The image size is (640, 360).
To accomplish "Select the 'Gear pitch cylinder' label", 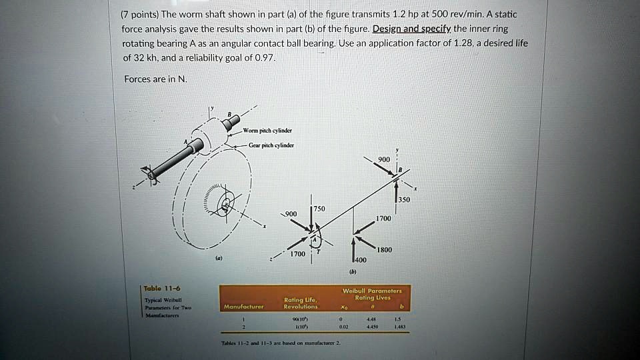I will coord(266,145).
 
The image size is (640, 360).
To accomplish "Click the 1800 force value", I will coord(385,250).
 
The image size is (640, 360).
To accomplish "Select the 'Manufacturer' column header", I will coord(244,307).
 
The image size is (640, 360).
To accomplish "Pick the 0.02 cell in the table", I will coord(343,327).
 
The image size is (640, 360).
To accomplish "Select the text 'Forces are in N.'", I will coord(156,79).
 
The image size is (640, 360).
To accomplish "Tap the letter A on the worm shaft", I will coord(187,142).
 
